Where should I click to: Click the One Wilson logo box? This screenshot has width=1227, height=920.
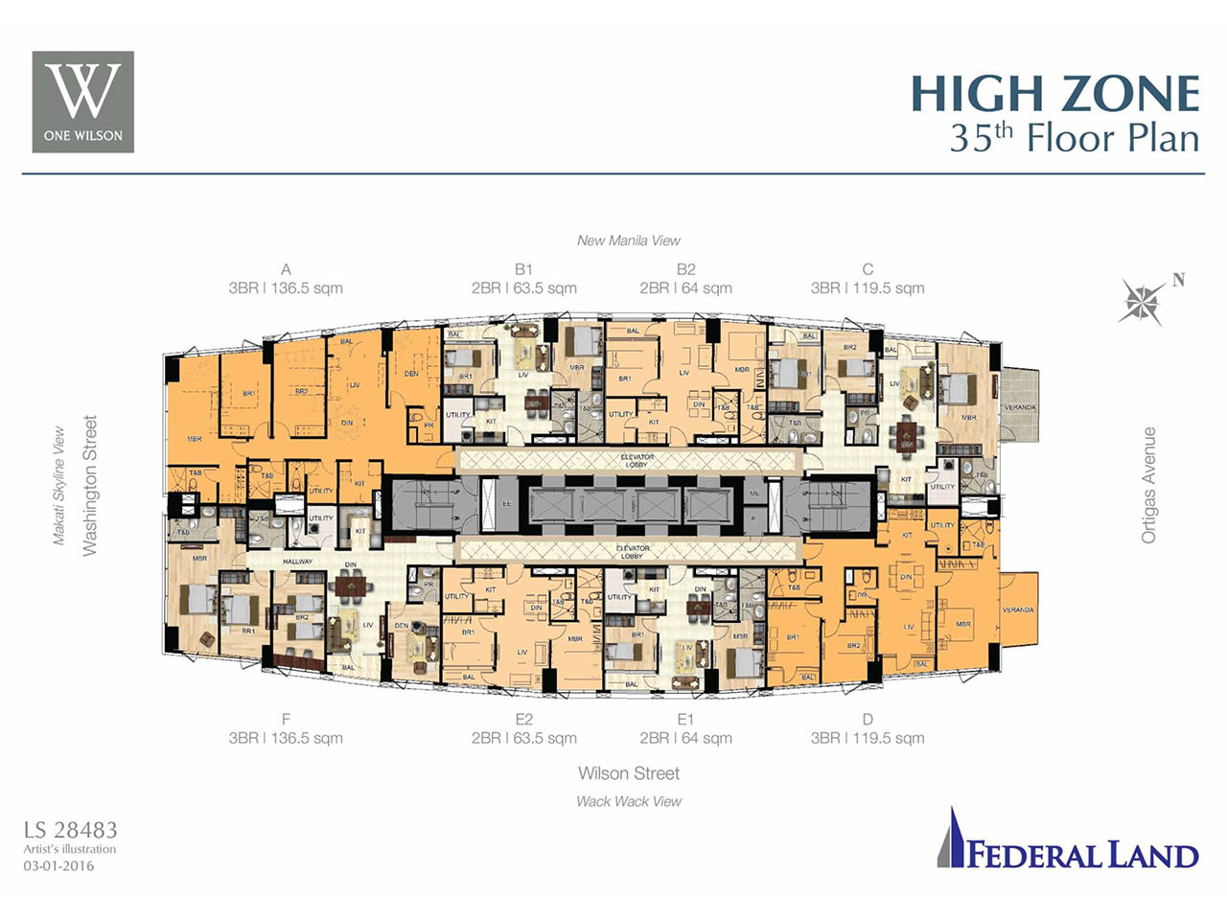pos(83,102)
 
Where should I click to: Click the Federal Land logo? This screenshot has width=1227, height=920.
pos(1068,841)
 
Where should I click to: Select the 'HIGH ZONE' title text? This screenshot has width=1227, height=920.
pos(1054,94)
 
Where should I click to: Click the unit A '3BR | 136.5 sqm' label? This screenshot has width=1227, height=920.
pos(286,287)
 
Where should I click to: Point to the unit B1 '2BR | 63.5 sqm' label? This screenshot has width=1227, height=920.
pos(523,287)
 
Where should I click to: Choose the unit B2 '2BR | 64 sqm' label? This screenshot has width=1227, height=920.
pos(685,287)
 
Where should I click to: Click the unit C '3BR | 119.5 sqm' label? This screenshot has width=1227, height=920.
pos(868,287)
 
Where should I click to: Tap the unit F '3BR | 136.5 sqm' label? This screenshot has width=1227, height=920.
pos(286,738)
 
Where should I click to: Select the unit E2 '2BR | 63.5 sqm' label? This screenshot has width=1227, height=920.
pos(523,738)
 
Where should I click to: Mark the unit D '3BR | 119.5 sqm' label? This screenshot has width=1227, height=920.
pos(868,738)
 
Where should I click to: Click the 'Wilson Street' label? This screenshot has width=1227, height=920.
pos(629,773)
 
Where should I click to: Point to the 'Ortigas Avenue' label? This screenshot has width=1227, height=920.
pos(1148,485)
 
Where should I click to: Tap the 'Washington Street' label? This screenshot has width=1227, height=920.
pos(90,485)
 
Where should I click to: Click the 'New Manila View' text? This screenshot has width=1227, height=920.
pos(629,241)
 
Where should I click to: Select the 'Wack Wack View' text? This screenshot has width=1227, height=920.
pos(629,801)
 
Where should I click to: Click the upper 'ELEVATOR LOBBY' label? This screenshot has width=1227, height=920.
pos(637,461)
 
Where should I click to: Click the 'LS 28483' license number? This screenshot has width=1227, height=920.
pos(71,830)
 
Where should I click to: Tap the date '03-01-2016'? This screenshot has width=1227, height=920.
pos(59,865)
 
